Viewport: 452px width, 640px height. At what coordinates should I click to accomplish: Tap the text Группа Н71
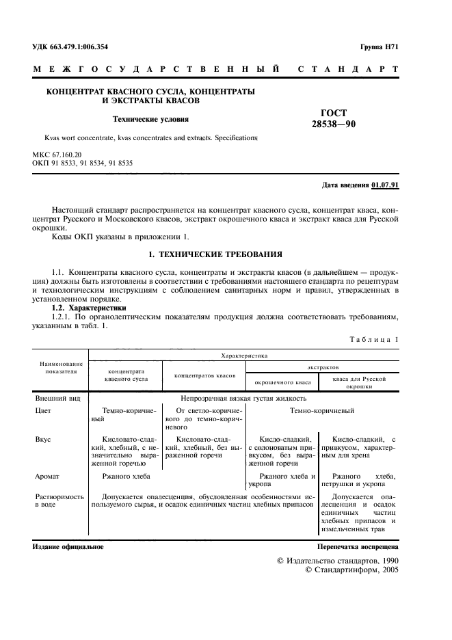(379, 46)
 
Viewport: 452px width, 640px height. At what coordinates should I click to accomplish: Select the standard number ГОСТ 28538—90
(334, 118)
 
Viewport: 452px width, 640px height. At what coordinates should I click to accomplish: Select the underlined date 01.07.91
(386, 185)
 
